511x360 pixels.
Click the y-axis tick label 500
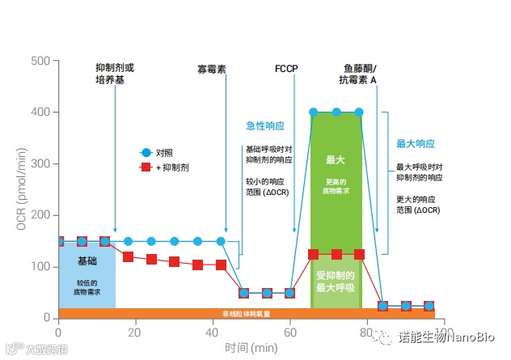tap(40, 61)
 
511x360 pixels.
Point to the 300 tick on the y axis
tap(40, 163)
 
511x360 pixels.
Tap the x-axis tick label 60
tap(290, 332)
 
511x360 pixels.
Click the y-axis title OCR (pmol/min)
tap(22, 189)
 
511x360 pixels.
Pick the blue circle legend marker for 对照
tap(146, 152)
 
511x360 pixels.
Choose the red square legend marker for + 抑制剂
tap(146, 167)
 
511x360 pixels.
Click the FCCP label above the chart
tap(288, 70)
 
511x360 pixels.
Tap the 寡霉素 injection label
tap(212, 70)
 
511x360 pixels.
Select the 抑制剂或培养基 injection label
tap(115, 74)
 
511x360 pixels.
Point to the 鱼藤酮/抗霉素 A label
tap(360, 74)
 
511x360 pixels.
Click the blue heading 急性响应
tap(265, 126)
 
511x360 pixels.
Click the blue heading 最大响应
tap(416, 143)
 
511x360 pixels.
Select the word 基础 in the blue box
tap(87, 261)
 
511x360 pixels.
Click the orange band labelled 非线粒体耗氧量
tap(246, 313)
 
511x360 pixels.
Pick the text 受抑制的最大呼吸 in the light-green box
tap(336, 281)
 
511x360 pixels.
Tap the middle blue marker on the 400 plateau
tap(336, 112)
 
